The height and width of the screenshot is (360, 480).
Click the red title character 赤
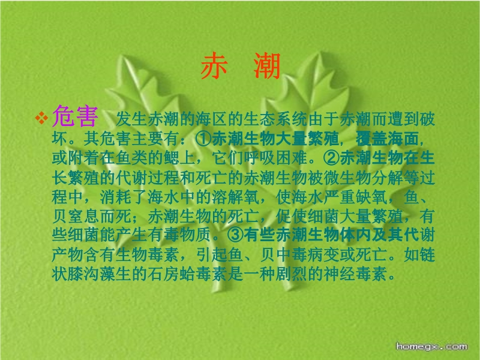point(214,65)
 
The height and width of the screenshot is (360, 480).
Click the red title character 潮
point(267,65)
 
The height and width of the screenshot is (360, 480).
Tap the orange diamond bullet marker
point(41,118)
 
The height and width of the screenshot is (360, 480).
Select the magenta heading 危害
point(76,116)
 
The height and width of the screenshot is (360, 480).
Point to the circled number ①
point(203,139)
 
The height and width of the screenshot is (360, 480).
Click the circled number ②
point(332,158)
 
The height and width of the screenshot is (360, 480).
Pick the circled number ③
point(235,235)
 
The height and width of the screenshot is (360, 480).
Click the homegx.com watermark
point(431,347)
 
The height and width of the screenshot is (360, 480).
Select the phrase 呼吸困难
point(275,158)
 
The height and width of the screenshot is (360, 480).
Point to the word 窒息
point(84,216)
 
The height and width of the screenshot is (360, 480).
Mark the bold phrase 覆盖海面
point(387,139)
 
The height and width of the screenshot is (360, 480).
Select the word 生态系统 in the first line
point(275,119)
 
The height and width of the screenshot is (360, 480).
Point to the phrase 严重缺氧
point(355,197)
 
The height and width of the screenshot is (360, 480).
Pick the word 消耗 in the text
point(116,197)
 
